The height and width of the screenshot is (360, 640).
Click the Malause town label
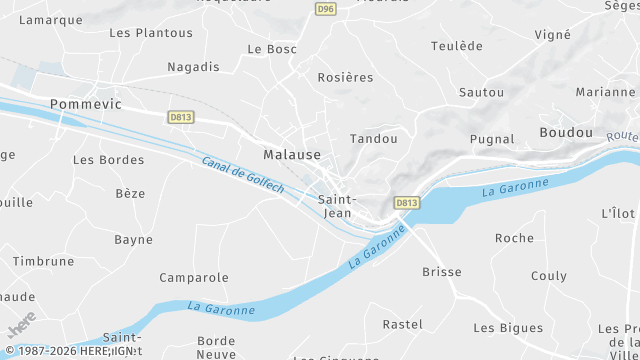click(292, 155)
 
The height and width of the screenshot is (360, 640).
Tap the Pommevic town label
click(85, 104)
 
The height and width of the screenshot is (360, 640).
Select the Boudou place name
click(565, 132)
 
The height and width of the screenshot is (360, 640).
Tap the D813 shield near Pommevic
click(180, 116)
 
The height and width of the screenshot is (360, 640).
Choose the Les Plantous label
click(150, 33)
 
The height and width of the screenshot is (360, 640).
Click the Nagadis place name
click(194, 67)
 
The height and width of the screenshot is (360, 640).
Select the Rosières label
click(345, 78)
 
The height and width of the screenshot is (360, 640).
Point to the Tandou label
click(374, 139)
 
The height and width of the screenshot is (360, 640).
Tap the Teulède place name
click(456, 46)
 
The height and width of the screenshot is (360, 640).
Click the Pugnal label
click(492, 139)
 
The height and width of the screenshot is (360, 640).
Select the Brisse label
click(442, 272)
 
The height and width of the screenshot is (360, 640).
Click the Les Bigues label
click(508, 328)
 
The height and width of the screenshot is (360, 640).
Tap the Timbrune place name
click(43, 261)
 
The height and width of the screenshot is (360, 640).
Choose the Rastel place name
click(403, 324)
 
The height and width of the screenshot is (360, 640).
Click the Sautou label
click(481, 92)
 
